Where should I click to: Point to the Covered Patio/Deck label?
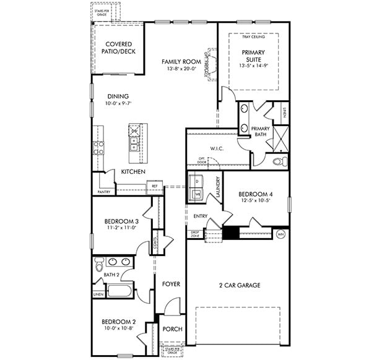(119, 48)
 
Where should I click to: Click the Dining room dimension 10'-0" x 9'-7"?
(118, 103)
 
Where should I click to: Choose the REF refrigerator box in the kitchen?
(154, 184)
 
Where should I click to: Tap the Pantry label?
(103, 192)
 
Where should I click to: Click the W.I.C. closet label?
(216, 148)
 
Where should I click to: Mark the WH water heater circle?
(280, 234)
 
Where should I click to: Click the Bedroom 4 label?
(256, 194)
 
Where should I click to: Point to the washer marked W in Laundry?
(198, 194)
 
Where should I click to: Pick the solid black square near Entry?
(230, 233)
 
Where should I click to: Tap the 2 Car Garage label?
(239, 285)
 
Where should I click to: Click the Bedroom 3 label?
(121, 221)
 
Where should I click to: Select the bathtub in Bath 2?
(119, 291)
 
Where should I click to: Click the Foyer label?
(171, 284)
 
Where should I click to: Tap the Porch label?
(172, 329)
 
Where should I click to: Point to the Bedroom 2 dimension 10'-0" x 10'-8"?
(119, 328)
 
